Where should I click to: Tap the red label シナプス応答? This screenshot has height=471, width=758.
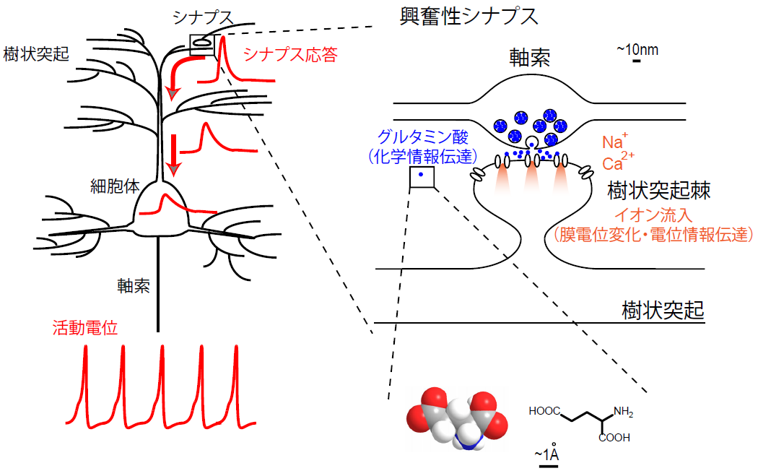pyautogui.click(x=290, y=55)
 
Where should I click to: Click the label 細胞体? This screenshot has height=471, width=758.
pyautogui.click(x=114, y=186)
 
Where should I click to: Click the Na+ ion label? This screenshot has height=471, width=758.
pyautogui.click(x=615, y=140)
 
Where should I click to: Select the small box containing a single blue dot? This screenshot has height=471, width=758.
pyautogui.click(x=422, y=177)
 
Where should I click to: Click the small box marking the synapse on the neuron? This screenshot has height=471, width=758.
pyautogui.click(x=202, y=45)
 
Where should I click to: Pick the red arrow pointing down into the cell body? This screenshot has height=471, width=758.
pyautogui.click(x=173, y=155)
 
